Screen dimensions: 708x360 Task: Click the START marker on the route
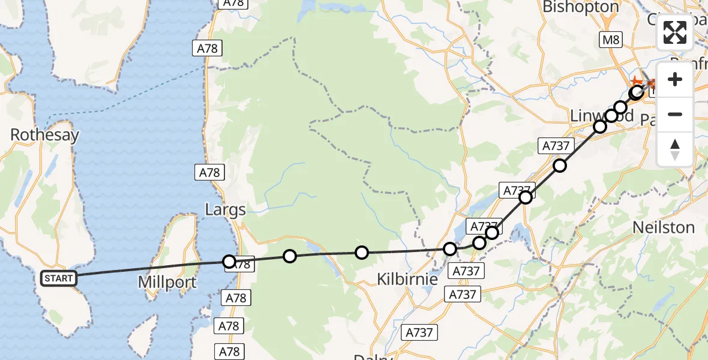click(59, 278)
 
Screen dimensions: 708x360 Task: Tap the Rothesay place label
click(45, 135)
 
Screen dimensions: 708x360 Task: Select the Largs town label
click(226, 210)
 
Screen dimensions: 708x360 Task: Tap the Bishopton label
click(580, 7)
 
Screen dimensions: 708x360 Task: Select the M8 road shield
click(611, 40)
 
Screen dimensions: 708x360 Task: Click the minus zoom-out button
click(675, 114)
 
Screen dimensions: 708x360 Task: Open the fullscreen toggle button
click(675, 32)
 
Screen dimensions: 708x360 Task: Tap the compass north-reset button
click(675, 149)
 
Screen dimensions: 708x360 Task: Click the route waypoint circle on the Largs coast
click(229, 262)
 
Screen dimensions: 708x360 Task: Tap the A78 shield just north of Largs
click(210, 173)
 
